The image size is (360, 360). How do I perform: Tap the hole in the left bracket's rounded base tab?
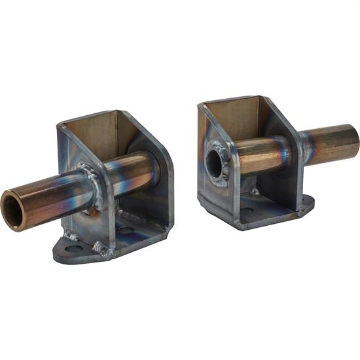pos(73,247)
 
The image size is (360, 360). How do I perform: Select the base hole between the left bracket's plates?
pos(126,230)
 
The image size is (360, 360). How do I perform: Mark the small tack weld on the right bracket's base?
pos(255,192)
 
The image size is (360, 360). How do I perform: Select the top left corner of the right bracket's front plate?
pos(201,105)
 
